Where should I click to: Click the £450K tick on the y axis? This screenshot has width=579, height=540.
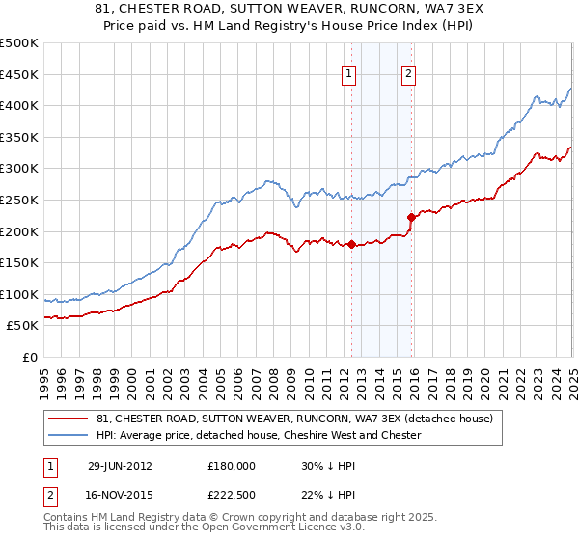tap(19, 74)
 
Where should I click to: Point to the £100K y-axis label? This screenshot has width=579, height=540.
tap(19, 294)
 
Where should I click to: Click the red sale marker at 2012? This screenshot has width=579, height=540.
tap(351, 244)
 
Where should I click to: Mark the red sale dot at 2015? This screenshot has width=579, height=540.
tap(411, 217)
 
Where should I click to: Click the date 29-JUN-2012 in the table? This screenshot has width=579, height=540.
tap(120, 465)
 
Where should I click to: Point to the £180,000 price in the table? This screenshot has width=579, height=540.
tap(231, 465)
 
